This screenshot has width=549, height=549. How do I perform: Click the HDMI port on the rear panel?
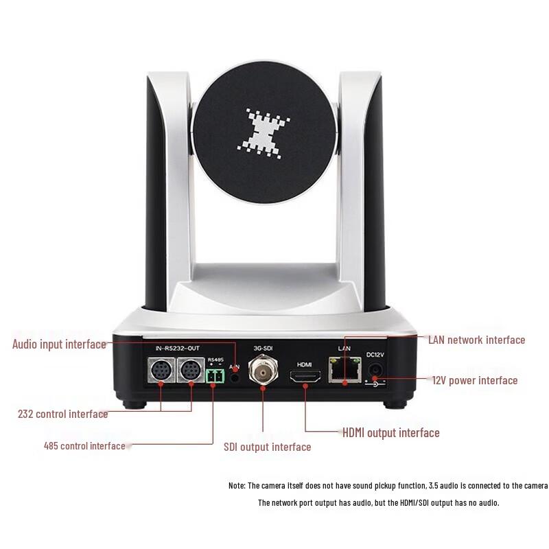point(305,377)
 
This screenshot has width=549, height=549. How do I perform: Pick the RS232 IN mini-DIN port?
point(161,372)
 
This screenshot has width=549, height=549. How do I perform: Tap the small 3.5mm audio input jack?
point(235,375)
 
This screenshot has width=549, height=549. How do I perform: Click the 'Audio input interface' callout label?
point(59,344)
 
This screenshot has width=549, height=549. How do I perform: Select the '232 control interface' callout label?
point(62,414)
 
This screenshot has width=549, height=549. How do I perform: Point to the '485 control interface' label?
point(84,446)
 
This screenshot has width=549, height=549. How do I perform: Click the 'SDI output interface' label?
point(267,447)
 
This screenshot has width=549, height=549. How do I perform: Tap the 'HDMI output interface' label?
point(390,432)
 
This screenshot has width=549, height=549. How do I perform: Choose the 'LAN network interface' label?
point(476,340)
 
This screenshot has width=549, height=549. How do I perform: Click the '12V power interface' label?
point(474,380)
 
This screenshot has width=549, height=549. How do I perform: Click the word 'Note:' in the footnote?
point(237,485)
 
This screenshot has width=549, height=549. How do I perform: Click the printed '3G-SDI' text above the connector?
point(264,348)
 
